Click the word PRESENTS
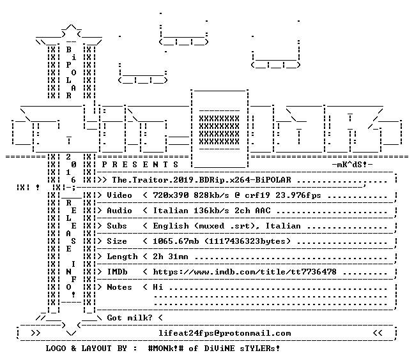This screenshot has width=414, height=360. pos(140,165)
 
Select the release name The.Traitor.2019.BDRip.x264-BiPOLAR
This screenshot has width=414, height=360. pos(201,180)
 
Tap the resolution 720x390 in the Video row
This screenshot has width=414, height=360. pos(171,195)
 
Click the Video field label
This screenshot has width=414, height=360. pos(119,195)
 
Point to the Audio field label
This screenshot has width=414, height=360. pos(119,211)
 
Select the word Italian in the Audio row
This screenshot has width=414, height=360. pos(171,211)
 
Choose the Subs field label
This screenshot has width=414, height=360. pos(117,226)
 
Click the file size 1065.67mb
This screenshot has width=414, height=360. pos(176,241)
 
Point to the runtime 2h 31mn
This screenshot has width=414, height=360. pos(171,257)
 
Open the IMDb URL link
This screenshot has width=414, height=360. pos(245,272)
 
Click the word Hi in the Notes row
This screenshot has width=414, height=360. pos(158,287)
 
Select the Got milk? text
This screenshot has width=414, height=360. pos(130,317)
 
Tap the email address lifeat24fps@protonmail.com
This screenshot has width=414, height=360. pos(225,333)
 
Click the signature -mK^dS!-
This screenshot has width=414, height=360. pos(352,165)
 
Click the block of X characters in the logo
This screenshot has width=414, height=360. pos(219,130)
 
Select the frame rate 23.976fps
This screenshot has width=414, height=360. pos(298,195)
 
